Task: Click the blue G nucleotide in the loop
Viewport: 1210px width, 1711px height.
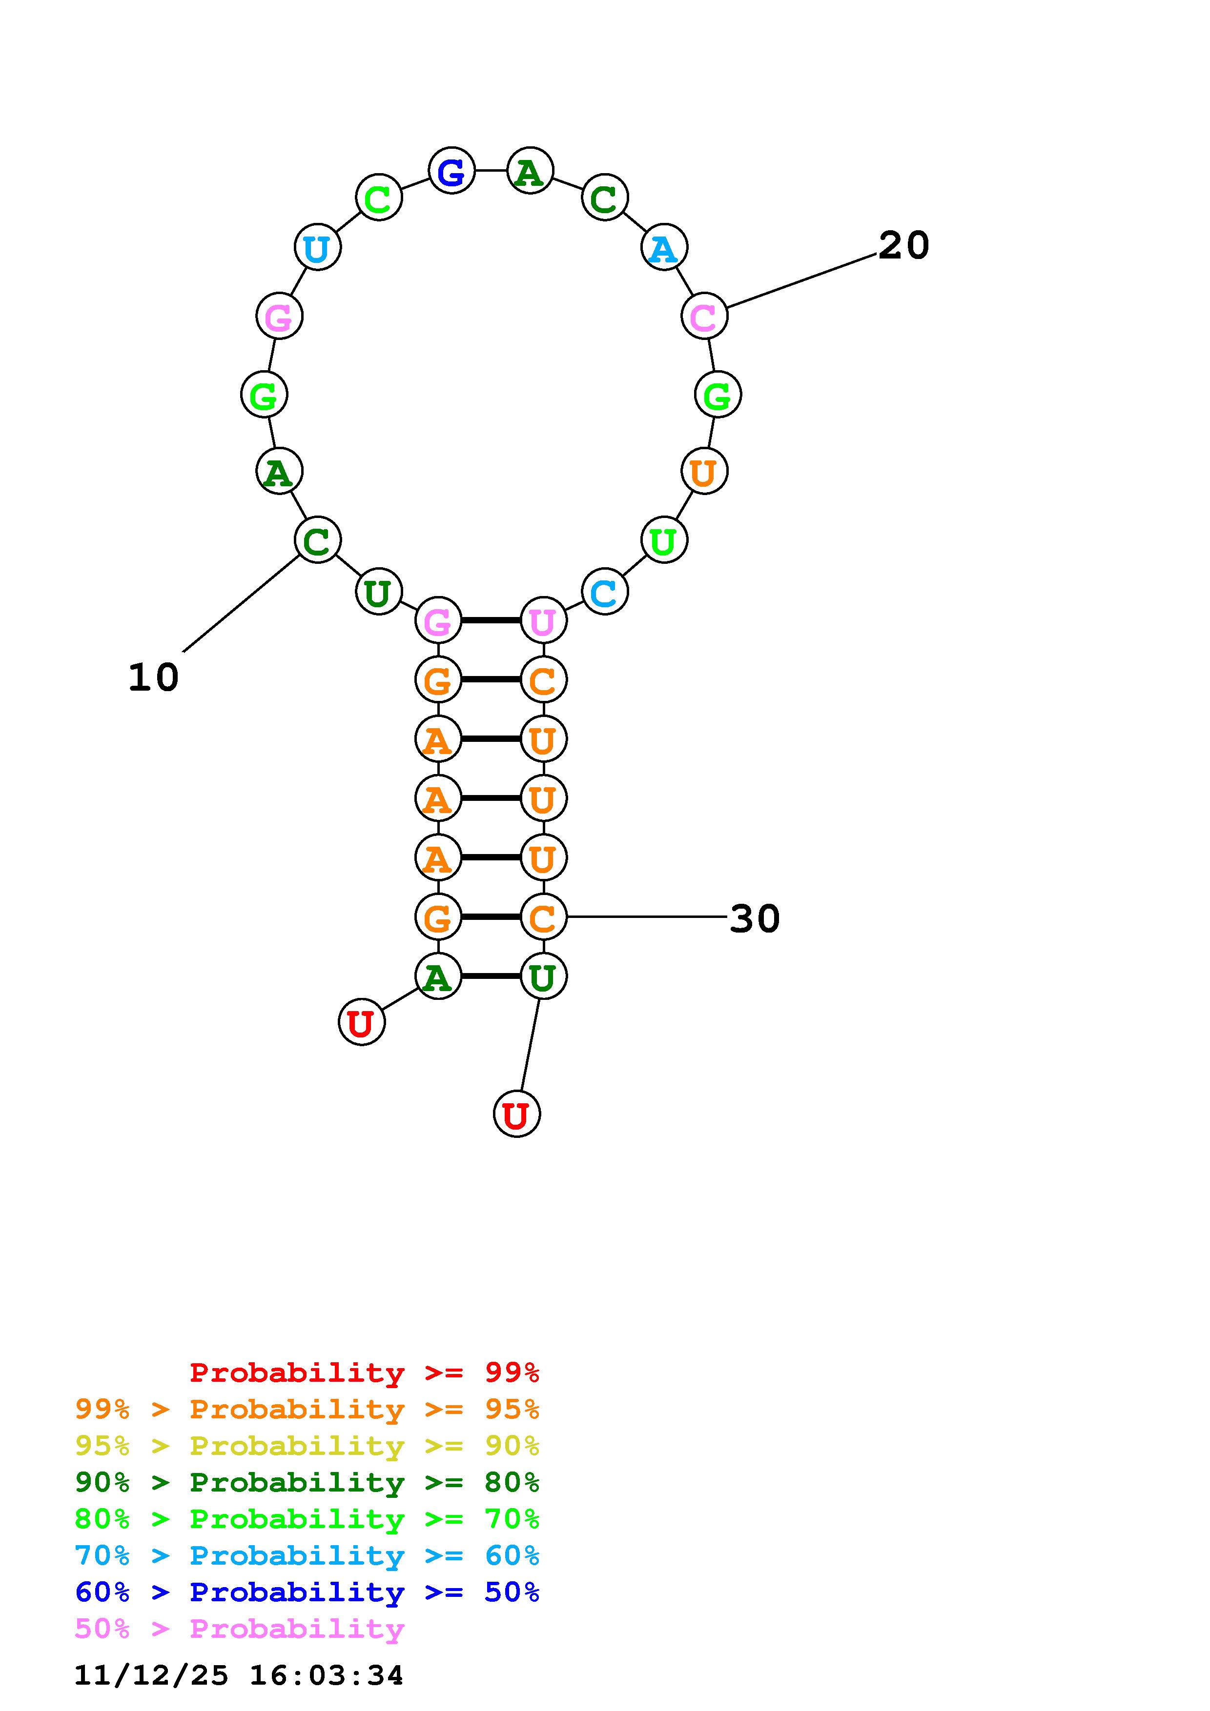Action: (x=452, y=171)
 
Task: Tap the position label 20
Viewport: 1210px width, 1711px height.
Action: (x=903, y=245)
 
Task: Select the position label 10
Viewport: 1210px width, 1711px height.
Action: (x=154, y=677)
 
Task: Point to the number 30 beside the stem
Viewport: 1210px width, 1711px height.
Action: (x=755, y=918)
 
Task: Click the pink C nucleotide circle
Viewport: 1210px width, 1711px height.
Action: (x=704, y=316)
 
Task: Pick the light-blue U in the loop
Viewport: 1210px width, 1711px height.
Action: (x=318, y=247)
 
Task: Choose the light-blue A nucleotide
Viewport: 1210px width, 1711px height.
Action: (x=663, y=247)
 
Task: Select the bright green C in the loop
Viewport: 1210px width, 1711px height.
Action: (x=379, y=198)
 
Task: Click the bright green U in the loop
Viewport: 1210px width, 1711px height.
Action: (x=663, y=540)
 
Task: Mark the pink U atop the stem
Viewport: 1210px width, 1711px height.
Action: (x=543, y=620)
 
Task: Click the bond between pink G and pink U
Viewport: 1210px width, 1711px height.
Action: (x=491, y=620)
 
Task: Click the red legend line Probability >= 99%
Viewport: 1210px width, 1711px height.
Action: (x=365, y=1372)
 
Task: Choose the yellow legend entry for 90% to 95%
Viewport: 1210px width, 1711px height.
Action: (x=307, y=1445)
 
